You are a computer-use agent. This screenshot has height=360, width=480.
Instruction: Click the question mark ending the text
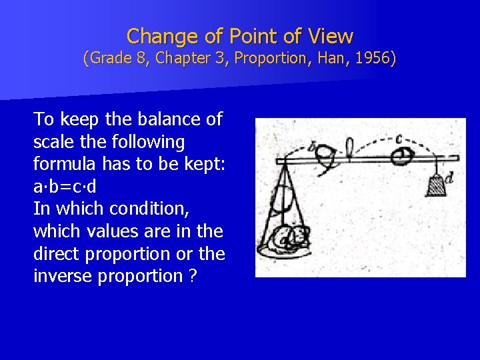(192, 276)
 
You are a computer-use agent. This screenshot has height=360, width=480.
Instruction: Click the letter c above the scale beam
(399, 140)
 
